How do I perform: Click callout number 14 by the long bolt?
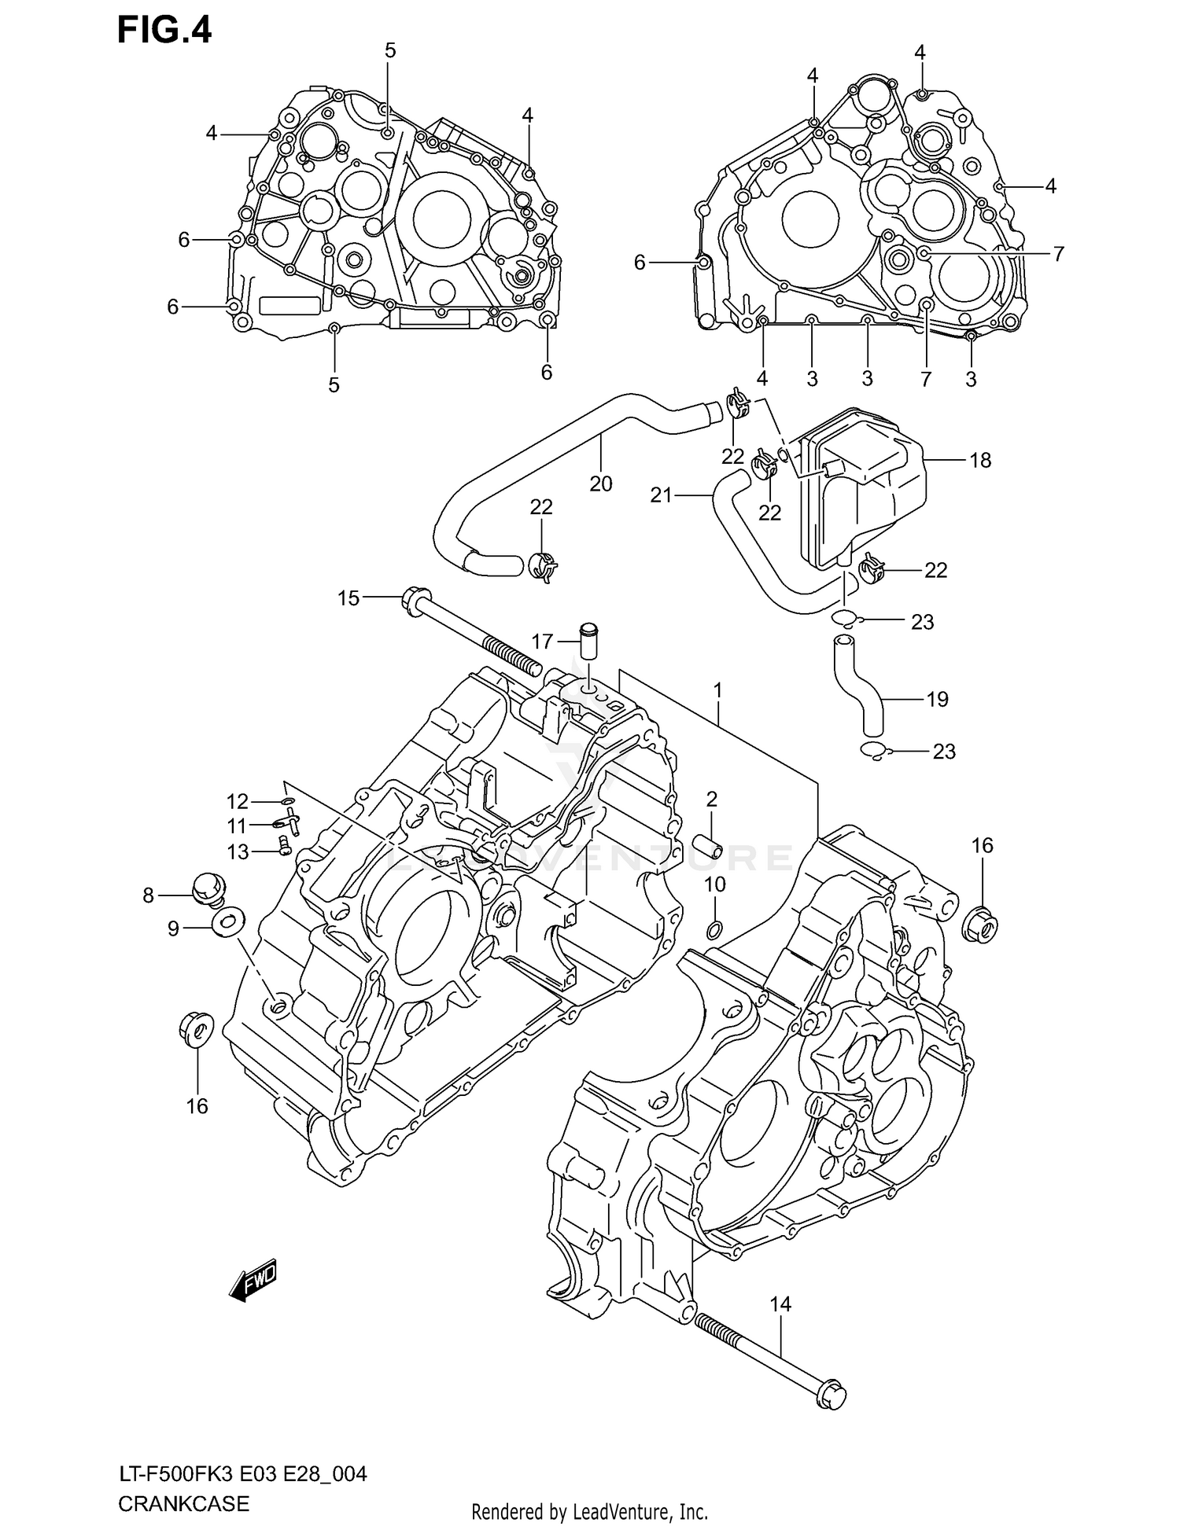click(780, 1304)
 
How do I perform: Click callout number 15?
click(348, 598)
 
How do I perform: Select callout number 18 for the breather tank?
click(980, 460)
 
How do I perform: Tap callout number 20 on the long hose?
click(600, 484)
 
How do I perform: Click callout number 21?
click(661, 495)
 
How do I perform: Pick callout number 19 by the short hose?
click(938, 699)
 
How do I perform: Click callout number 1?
click(717, 691)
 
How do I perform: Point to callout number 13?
click(238, 851)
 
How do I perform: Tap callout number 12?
click(238, 801)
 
